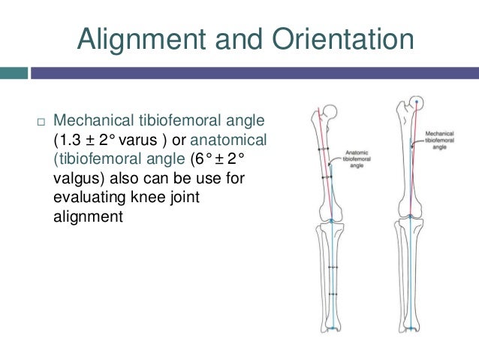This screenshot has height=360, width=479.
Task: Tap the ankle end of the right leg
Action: pos(413,329)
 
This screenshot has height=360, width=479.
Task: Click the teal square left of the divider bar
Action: pos(14,73)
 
